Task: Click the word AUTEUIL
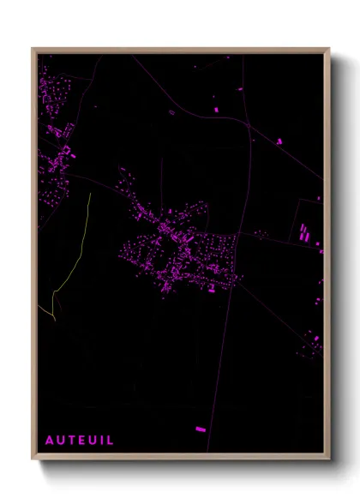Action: click(x=79, y=440)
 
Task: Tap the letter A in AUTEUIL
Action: click(x=50, y=440)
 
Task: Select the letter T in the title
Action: click(x=70, y=440)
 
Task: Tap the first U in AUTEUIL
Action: click(x=60, y=440)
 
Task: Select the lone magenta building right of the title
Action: click(x=201, y=428)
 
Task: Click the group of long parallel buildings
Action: click(x=303, y=231)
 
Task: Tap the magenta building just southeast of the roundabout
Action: click(x=279, y=141)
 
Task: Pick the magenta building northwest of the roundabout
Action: click(x=215, y=109)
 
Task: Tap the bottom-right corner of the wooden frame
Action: click(x=328, y=458)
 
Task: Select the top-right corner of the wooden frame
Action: click(x=328, y=50)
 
